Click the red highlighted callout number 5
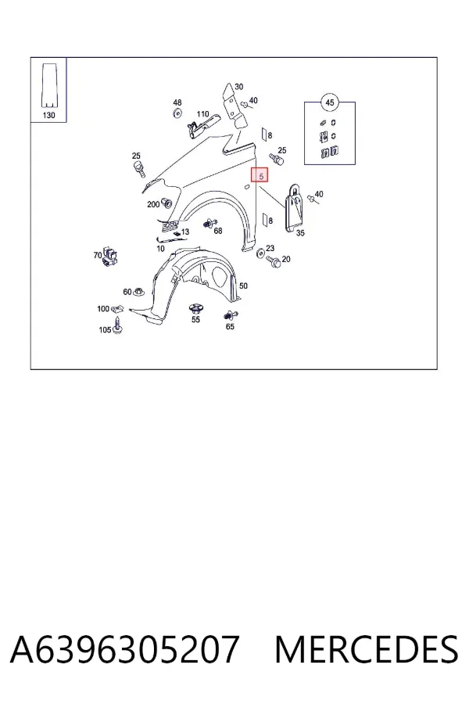(260, 175)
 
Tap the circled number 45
(330, 102)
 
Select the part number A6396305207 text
(124, 649)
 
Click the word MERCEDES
(367, 649)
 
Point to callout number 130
(49, 115)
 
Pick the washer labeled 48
(177, 113)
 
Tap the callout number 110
(203, 114)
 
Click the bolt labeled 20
(274, 261)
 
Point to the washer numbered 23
(260, 253)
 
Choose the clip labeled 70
(110, 257)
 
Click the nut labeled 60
(139, 292)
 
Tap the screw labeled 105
(118, 325)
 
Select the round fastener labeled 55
(195, 309)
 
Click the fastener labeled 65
(231, 316)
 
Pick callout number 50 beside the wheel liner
(243, 286)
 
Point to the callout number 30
(238, 87)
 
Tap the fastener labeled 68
(209, 223)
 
